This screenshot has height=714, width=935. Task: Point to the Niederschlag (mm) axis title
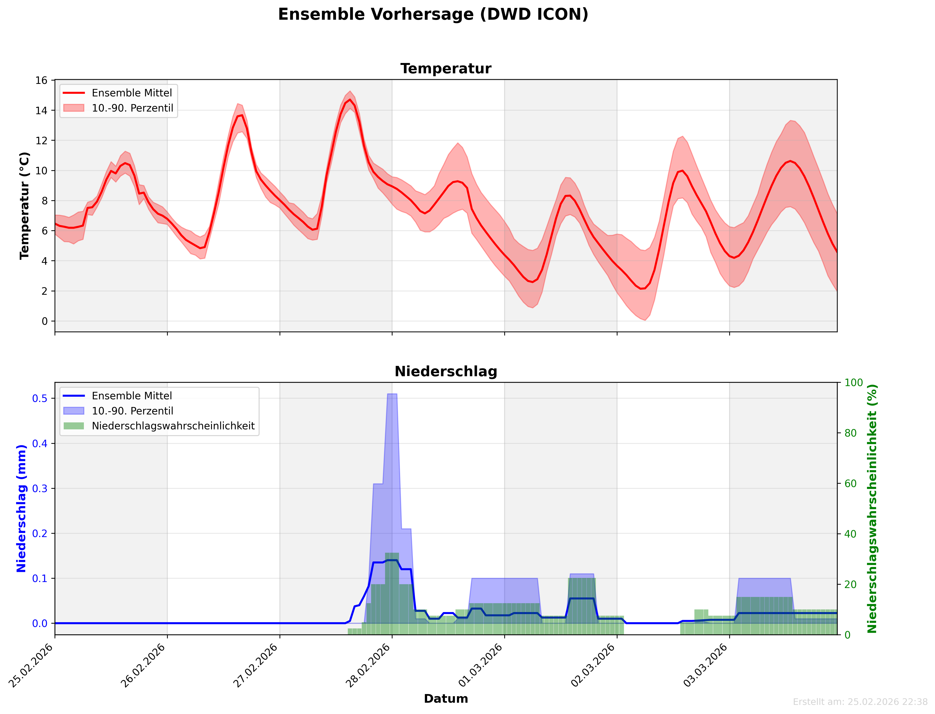coord(21,508)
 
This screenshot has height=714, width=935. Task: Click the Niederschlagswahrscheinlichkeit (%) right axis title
coord(872,508)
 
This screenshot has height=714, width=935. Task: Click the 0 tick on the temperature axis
coord(45,321)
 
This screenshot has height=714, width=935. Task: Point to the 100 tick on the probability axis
coord(854,382)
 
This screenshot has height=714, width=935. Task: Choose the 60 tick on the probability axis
coord(850,484)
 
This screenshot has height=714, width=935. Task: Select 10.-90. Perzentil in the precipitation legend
coord(132,411)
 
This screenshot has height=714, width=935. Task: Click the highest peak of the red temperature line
coord(350,100)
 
